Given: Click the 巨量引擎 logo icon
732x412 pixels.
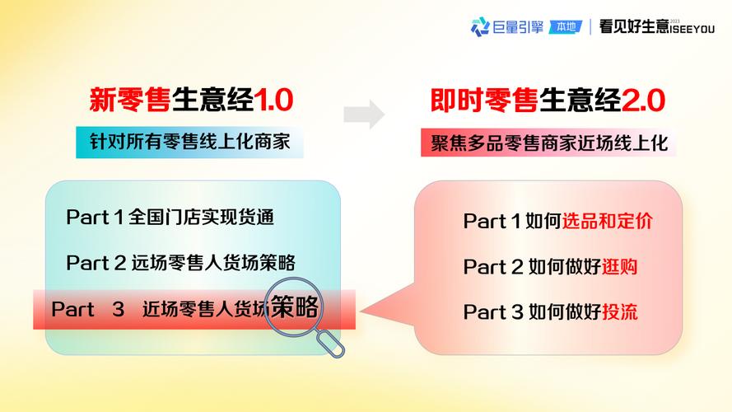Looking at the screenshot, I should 480,26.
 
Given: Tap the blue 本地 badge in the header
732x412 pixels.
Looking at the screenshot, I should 566,26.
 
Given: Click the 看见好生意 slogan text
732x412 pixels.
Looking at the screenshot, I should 634,26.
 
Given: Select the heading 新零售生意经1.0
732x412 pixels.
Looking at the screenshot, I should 191,101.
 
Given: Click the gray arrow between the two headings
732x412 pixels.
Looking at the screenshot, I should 364,114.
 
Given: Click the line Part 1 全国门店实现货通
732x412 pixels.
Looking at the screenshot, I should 170,218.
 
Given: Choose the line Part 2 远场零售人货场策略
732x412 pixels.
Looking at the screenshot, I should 180,263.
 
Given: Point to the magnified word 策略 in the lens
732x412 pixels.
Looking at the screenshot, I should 295,307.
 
